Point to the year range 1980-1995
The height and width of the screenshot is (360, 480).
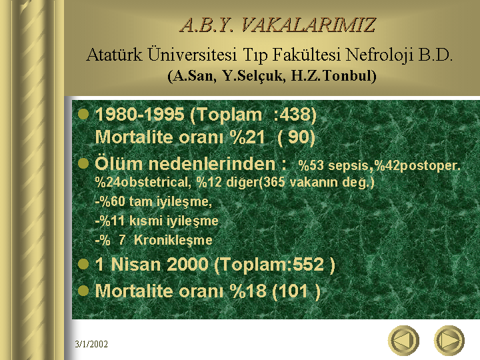139,115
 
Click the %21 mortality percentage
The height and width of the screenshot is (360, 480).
247,137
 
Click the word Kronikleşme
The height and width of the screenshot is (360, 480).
173,240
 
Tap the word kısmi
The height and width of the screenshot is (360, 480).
143,221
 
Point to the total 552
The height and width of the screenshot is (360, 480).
308,264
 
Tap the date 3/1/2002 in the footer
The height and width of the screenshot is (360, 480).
91,344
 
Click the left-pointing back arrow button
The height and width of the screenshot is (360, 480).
403,341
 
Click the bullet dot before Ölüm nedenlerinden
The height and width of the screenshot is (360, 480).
83,163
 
